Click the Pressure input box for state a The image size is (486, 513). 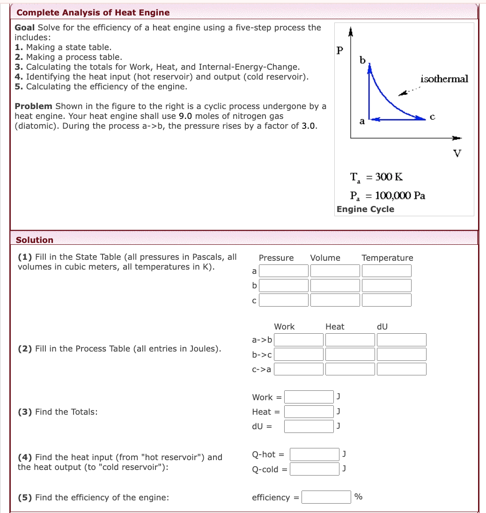click(x=284, y=271)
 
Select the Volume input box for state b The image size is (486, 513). click(x=335, y=286)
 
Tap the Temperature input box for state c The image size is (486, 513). click(x=387, y=300)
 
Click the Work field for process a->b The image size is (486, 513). click(x=299, y=340)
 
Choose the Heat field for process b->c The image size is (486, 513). click(x=350, y=354)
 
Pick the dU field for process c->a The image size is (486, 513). click(x=402, y=369)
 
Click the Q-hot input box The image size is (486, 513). click(x=315, y=454)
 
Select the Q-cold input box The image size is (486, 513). click(x=315, y=469)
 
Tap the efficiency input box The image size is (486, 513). click(x=326, y=497)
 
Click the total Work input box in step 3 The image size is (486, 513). click(x=309, y=397)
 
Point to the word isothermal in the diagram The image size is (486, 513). click(x=444, y=79)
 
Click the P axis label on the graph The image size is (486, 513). click(x=340, y=51)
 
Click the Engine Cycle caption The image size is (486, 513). click(x=365, y=209)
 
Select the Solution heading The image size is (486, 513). click(x=35, y=240)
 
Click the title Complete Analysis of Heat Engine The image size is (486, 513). click(x=93, y=13)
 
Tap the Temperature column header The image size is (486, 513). click(x=387, y=258)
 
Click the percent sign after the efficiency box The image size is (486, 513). click(x=359, y=497)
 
